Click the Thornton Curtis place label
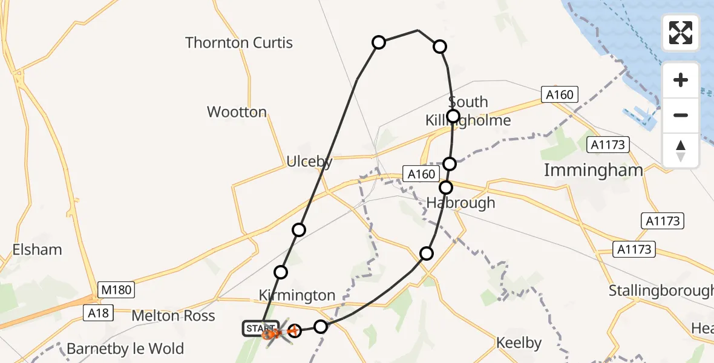tap(239, 43)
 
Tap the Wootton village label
tap(237, 112)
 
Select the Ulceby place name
tap(309, 162)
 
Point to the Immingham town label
tap(593, 170)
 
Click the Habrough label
tap(460, 203)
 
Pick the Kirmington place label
tap(296, 295)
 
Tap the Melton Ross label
tap(173, 316)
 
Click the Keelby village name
tap(519, 343)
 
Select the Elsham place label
tap(36, 249)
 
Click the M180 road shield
tap(117, 290)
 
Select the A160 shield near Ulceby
tap(421, 174)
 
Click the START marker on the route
tap(260, 329)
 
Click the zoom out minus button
tap(681, 116)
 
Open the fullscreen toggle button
tap(681, 33)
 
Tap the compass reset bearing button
tap(681, 150)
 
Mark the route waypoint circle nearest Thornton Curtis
tap(379, 42)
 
